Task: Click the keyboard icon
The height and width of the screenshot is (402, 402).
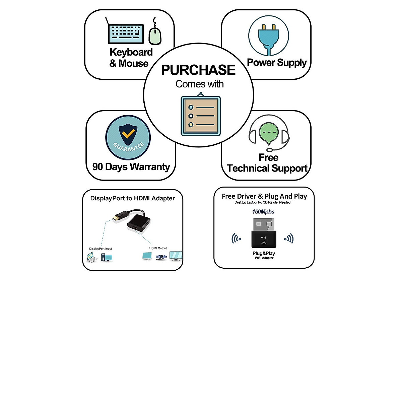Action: coord(126,33)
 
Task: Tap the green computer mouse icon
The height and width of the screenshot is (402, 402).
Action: coord(155,36)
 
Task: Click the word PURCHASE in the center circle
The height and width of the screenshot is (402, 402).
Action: coord(198,70)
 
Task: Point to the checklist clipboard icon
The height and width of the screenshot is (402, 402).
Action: coord(201,116)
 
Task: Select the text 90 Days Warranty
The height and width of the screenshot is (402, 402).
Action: coord(131,167)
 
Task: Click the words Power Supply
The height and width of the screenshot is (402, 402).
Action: coord(277,63)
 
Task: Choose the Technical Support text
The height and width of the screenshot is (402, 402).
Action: coord(267,168)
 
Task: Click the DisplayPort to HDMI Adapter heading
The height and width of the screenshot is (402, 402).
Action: coord(132,198)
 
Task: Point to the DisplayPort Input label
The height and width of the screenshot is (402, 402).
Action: coord(100,249)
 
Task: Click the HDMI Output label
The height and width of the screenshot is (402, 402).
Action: coord(158,248)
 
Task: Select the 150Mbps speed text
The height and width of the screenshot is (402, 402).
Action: coord(263,212)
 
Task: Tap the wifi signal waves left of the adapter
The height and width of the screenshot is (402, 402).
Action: coord(236,239)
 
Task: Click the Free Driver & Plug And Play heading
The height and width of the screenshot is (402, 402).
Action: coord(264,196)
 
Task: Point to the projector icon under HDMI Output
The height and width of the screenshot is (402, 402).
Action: coord(161,257)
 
